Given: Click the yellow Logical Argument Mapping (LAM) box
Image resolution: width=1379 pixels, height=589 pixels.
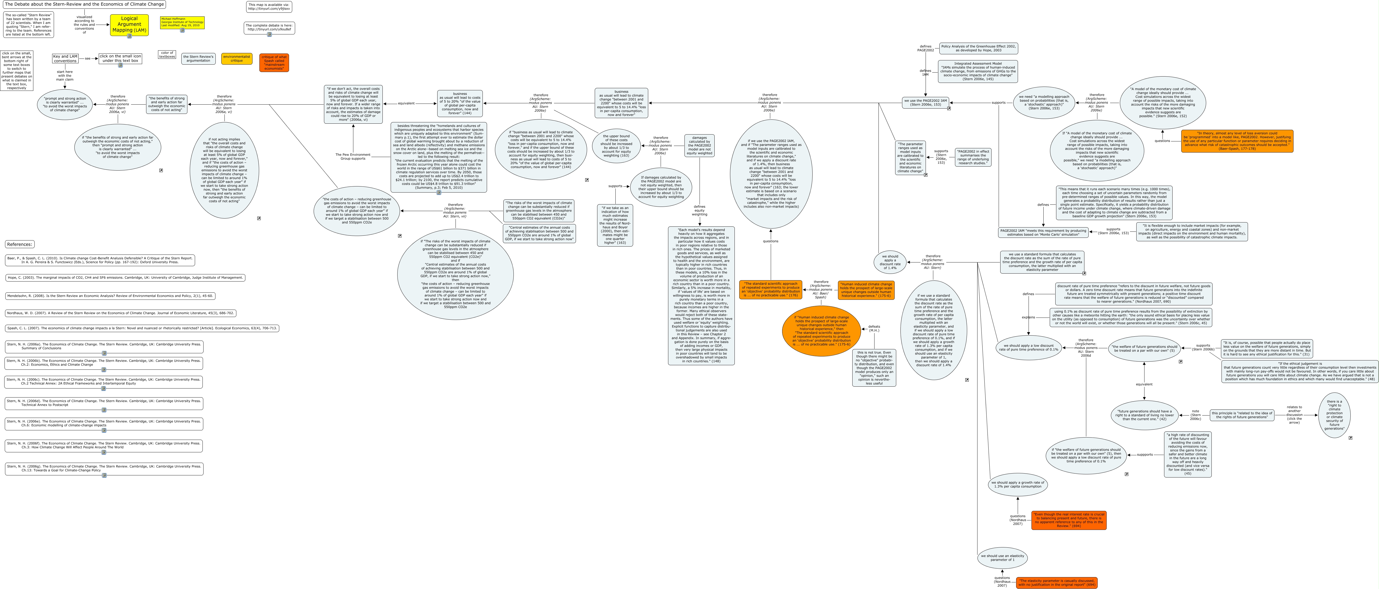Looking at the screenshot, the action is pyautogui.click(x=129, y=25).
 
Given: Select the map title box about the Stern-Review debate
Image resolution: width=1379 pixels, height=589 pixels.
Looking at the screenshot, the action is pyautogui.click(x=84, y=4).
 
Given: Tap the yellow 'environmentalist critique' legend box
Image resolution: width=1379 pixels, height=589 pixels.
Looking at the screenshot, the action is pyautogui.click(x=237, y=58).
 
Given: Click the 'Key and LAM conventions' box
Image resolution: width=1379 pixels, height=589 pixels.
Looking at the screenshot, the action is pyautogui.click(x=65, y=58).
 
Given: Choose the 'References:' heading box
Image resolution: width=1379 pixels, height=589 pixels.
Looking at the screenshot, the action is pyautogui.click(x=20, y=244).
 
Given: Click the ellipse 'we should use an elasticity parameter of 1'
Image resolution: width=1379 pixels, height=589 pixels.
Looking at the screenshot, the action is pyautogui.click(x=1002, y=557).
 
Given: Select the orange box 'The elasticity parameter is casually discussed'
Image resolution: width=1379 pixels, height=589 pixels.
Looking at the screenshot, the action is pyautogui.click(x=1057, y=583).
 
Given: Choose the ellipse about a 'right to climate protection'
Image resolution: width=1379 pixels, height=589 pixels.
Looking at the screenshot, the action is pyautogui.click(x=1334, y=415).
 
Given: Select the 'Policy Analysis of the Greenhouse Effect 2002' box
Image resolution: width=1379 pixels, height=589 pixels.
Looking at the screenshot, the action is pyautogui.click(x=978, y=48).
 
